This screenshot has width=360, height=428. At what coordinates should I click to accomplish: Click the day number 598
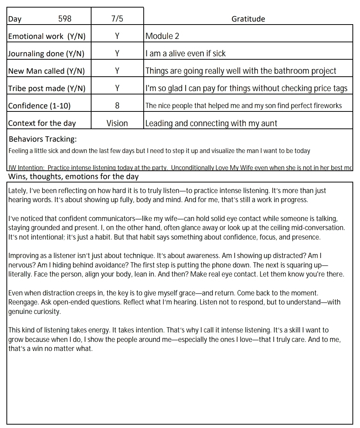[x=65, y=19]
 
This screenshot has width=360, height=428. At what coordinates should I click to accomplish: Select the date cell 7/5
[x=117, y=19]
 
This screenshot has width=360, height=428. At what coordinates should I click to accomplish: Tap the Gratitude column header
[x=248, y=19]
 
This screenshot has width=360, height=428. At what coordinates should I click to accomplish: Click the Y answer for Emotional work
[x=117, y=36]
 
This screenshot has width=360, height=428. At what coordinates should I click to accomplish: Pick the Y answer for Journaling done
[x=117, y=54]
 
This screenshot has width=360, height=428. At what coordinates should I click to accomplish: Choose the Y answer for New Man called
[x=117, y=71]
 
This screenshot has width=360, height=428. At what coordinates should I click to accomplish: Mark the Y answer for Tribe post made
[x=117, y=88]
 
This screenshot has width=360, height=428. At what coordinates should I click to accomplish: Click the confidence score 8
[x=117, y=106]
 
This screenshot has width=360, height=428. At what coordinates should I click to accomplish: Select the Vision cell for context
[x=117, y=123]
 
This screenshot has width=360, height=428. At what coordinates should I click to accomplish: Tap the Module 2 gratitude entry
[x=162, y=36]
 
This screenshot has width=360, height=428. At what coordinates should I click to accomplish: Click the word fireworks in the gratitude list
[x=328, y=106]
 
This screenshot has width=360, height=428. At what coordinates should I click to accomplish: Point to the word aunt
[x=270, y=124]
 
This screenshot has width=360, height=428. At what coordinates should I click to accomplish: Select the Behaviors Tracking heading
[x=43, y=139]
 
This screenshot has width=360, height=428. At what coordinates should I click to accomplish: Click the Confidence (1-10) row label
[x=39, y=106]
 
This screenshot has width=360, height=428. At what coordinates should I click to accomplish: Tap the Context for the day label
[x=42, y=123]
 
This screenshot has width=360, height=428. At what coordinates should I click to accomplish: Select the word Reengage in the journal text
[x=22, y=302]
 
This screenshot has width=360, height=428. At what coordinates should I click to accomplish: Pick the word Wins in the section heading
[x=17, y=176]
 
